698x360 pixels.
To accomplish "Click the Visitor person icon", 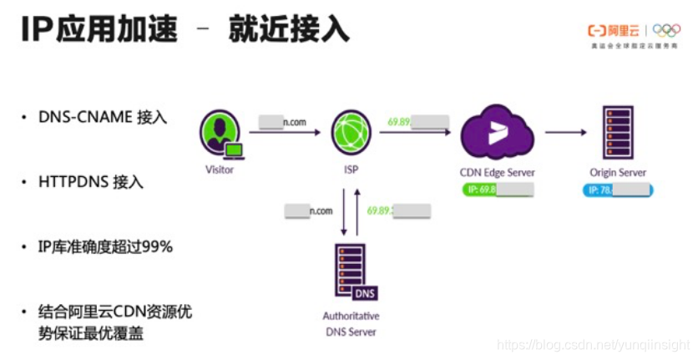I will tap(220, 134).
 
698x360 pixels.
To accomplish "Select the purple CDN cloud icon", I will tap(498, 132).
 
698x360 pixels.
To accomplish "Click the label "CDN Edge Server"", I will tap(498, 172).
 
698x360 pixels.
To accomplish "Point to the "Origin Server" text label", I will tap(618, 172).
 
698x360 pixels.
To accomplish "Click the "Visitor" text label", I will tap(220, 170).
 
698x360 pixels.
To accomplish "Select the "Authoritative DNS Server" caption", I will tap(351, 323).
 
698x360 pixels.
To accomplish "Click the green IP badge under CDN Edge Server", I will tap(498, 189).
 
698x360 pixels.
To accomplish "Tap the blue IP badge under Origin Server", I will tap(618, 190).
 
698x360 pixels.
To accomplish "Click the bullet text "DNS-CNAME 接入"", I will tap(103, 117).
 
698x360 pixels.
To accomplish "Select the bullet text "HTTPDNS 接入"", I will tap(91, 182).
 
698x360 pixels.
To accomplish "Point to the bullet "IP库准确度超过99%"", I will tap(105, 247).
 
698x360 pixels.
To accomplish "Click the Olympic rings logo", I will tap(666, 31).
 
